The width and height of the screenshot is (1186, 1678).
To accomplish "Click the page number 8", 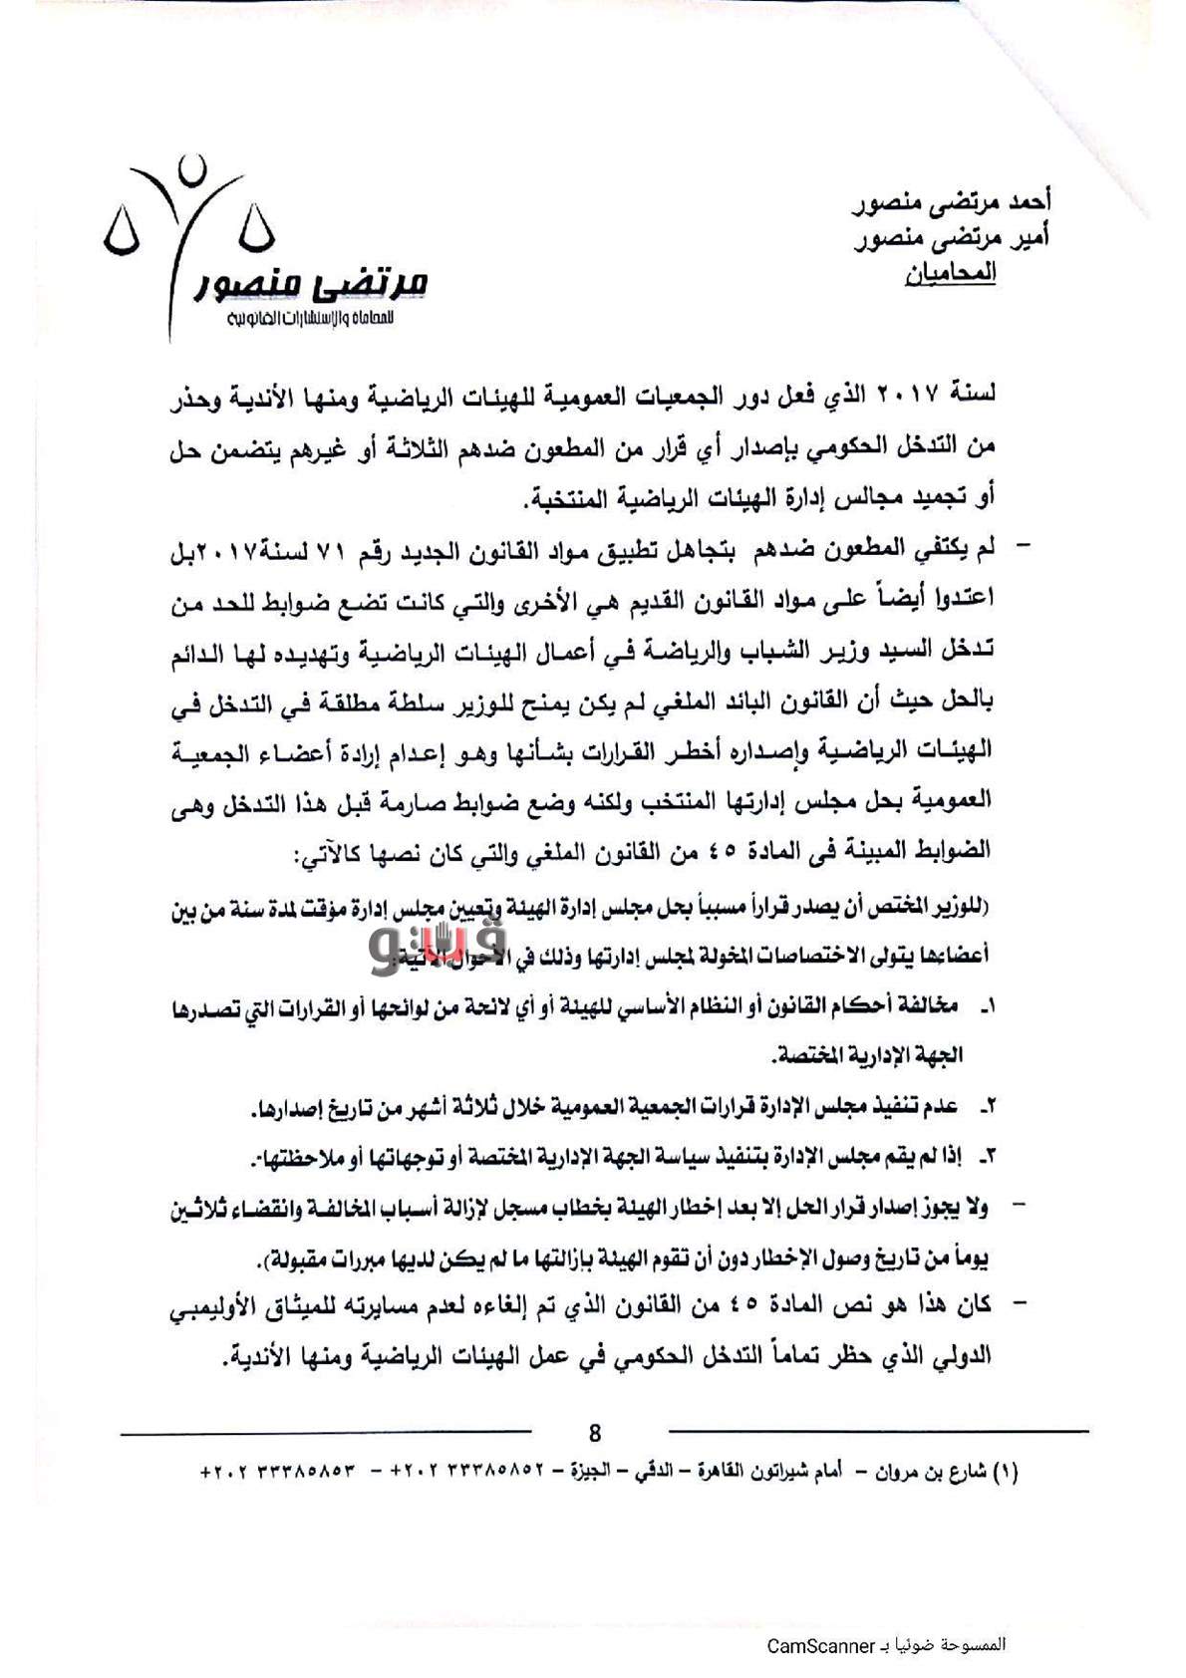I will tap(595, 1434).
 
